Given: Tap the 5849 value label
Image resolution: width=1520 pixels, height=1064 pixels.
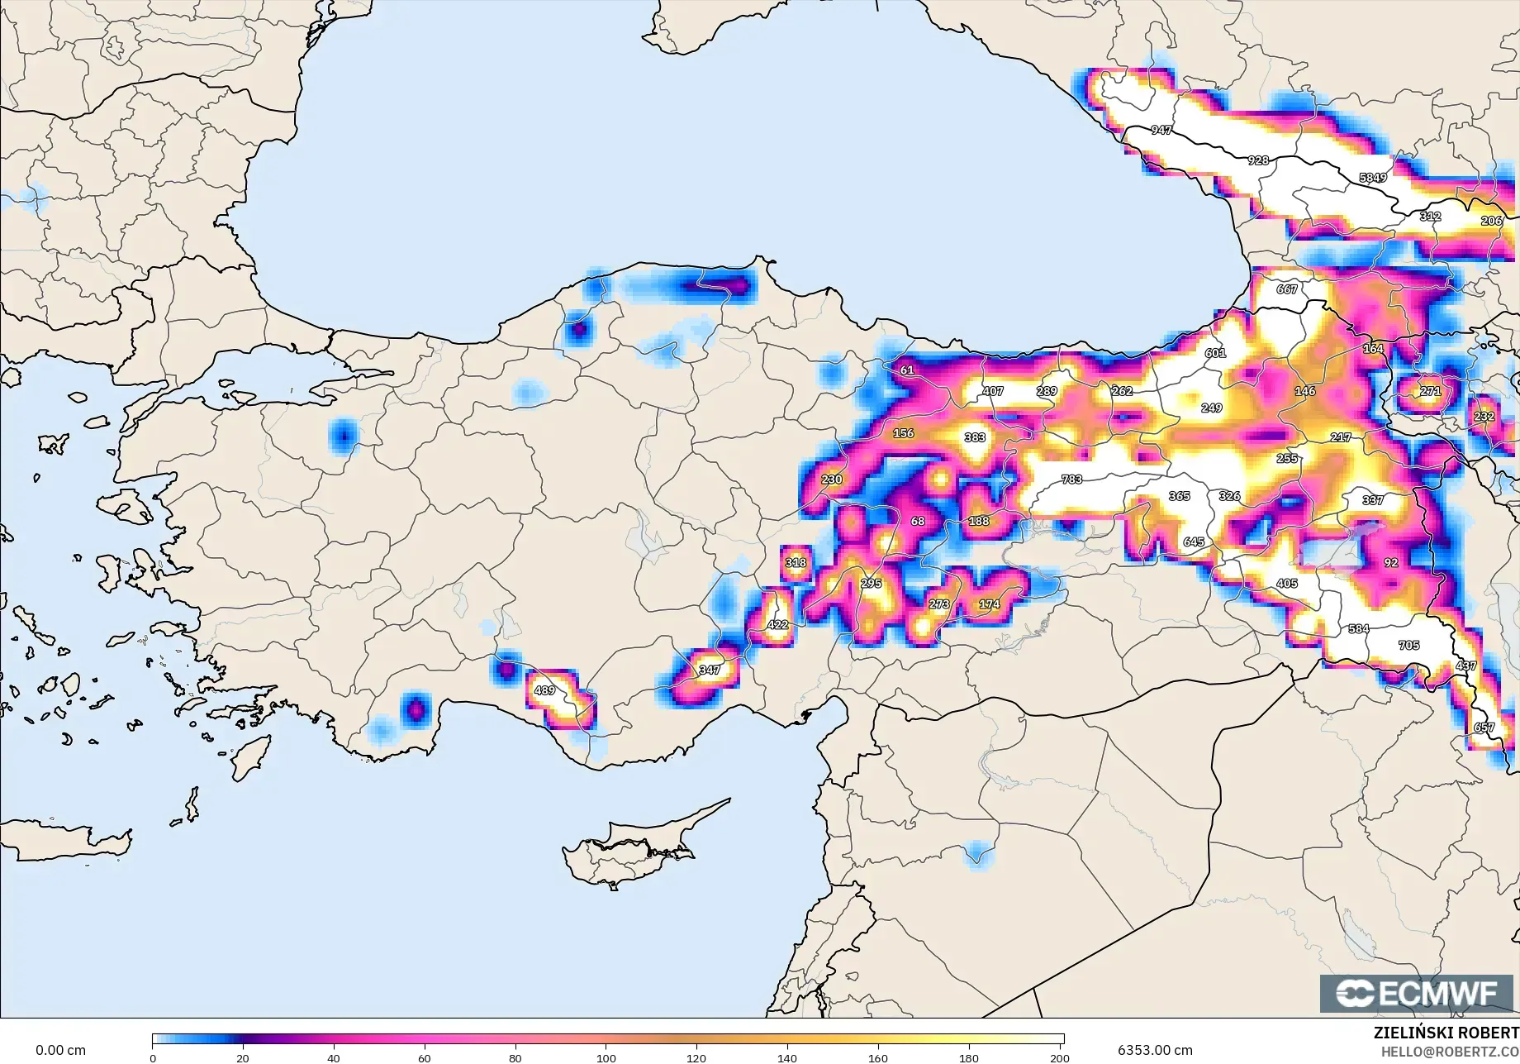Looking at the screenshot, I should pyautogui.click(x=1373, y=178).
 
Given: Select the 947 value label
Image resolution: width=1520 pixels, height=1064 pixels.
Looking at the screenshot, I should pyautogui.click(x=1161, y=131).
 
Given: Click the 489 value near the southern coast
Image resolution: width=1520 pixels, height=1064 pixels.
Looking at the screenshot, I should pyautogui.click(x=544, y=690).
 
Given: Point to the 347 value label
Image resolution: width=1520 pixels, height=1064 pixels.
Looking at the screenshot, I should pyautogui.click(x=710, y=670).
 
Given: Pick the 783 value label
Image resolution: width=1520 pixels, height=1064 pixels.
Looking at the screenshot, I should pyautogui.click(x=1071, y=480).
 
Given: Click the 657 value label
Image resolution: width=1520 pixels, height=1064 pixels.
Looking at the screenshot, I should pyautogui.click(x=1484, y=728).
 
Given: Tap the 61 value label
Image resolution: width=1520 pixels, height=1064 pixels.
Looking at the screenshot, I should pyautogui.click(x=907, y=370).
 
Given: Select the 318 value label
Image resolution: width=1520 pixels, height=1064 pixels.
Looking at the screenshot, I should pyautogui.click(x=796, y=563).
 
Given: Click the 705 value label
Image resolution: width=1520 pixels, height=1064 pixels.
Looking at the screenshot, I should pyautogui.click(x=1408, y=646).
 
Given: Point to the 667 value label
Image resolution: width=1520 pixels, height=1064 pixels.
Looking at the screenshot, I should pyautogui.click(x=1287, y=289).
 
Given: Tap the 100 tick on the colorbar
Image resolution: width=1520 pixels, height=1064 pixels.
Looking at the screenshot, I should pyautogui.click(x=606, y=1057).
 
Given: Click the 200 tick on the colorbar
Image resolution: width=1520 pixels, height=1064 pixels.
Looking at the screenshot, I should pyautogui.click(x=1059, y=1057).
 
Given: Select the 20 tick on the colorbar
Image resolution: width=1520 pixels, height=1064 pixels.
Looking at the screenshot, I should pyautogui.click(x=243, y=1057).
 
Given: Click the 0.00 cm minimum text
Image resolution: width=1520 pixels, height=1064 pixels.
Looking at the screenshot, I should pyautogui.click(x=60, y=1050).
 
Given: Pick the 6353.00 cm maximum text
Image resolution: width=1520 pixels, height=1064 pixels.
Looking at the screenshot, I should pyautogui.click(x=1155, y=1050).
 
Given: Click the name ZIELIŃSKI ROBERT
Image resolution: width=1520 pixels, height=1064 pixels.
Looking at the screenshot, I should pyautogui.click(x=1446, y=1033).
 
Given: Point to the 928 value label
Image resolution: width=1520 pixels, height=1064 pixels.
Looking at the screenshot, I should pyautogui.click(x=1257, y=160).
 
